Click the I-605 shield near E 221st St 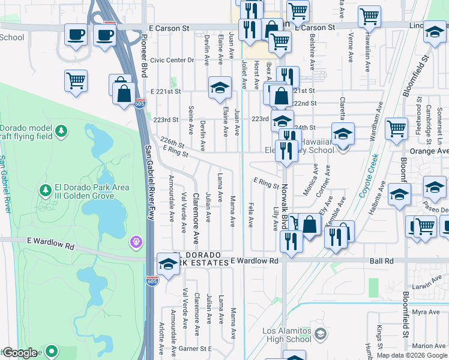point(139,104)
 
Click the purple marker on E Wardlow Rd point(136,242)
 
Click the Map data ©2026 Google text point(411,355)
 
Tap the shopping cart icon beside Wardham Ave point(397,128)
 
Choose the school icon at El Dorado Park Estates point(168,264)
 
